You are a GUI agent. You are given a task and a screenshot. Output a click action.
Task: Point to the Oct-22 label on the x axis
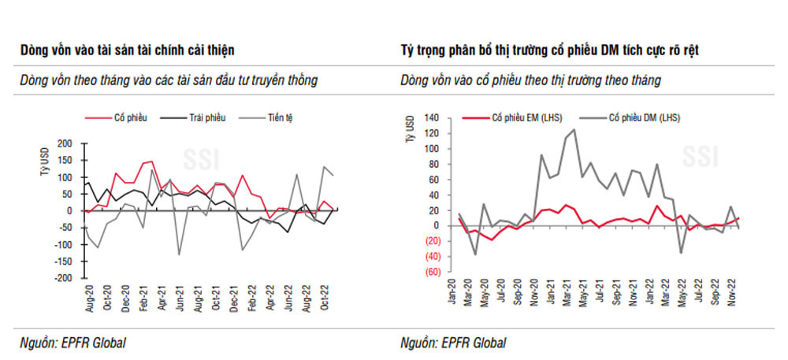tap(324, 299)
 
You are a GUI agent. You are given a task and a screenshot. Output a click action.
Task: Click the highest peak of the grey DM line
tap(574, 129)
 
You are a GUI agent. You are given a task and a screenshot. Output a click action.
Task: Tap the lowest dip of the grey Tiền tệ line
tap(179, 254)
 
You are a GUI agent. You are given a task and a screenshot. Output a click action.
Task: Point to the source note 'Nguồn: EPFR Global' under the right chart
tap(452, 342)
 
